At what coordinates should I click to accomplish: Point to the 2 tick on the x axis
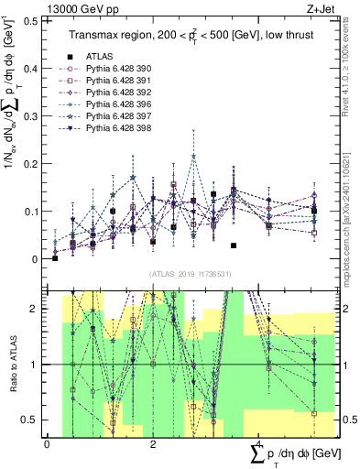tap(152, 444)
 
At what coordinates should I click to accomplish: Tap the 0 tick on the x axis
tap(47, 444)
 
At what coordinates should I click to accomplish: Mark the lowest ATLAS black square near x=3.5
tap(234, 245)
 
